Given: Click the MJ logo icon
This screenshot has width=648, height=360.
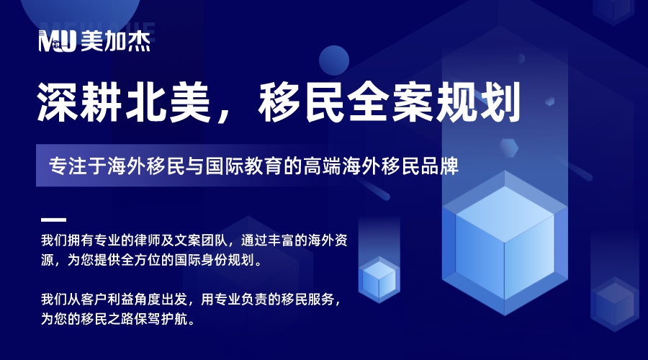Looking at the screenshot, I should point(58,42).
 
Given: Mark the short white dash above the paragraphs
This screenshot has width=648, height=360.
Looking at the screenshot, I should point(53,220).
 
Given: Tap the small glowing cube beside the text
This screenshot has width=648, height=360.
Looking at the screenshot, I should point(379,277).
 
